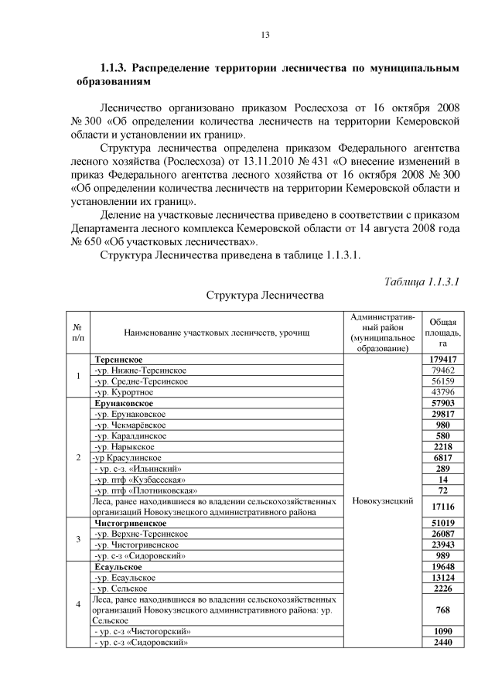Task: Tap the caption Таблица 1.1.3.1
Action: point(422,281)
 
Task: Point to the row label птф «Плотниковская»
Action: point(144,490)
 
